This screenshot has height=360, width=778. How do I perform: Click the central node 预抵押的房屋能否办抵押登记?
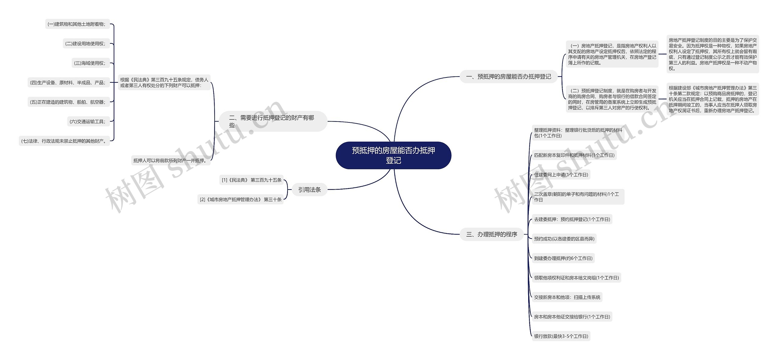(393, 155)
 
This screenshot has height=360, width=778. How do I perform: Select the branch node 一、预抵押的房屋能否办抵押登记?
(508, 77)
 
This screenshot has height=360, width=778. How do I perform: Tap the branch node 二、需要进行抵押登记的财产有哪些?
(273, 121)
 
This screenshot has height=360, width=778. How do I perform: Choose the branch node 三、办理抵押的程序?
(492, 234)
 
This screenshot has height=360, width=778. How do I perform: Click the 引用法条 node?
(309, 190)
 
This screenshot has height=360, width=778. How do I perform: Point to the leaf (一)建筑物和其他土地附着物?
(77, 24)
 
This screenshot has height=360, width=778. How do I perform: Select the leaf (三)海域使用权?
(91, 63)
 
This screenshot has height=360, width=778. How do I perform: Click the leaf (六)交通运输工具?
(88, 122)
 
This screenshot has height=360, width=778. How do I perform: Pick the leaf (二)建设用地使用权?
(86, 43)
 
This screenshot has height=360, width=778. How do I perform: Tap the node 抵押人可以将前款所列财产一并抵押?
(171, 160)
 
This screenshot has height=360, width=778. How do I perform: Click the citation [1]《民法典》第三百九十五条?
(251, 180)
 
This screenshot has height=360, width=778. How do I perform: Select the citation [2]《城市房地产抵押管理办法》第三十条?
(240, 199)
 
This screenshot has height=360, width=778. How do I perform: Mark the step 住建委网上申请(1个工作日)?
(561, 175)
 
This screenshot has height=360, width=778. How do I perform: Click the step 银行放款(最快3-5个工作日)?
(561, 336)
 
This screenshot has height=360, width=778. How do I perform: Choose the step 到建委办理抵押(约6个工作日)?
(563, 258)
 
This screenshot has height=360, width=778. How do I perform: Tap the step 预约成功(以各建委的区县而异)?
(564, 239)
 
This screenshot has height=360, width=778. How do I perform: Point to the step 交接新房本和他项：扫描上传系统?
(567, 297)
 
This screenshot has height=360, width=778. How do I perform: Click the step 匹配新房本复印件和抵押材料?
(574, 155)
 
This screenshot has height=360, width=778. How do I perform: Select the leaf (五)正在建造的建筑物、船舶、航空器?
(69, 102)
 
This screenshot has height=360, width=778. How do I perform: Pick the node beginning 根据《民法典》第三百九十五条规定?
(164, 83)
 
